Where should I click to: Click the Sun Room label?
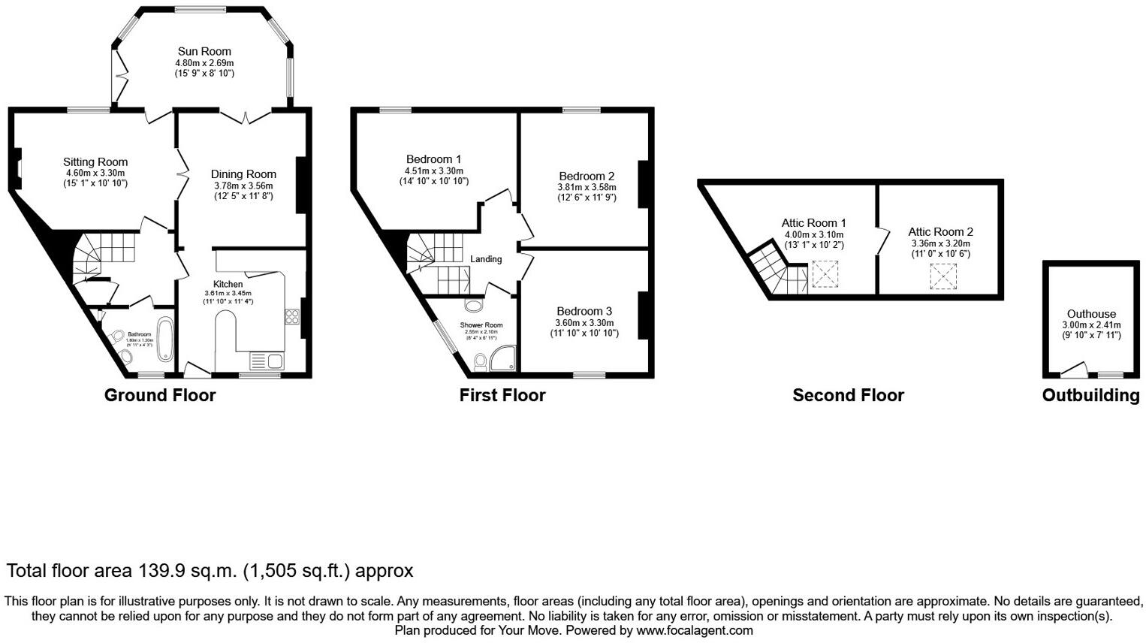[x=204, y=52]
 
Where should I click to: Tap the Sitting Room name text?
[x=95, y=162]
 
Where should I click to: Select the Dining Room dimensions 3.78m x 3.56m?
[x=243, y=186]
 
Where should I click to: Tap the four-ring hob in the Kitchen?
[x=291, y=317]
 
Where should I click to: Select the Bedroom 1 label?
[x=433, y=159]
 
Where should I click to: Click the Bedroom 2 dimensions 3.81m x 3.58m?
[x=587, y=188]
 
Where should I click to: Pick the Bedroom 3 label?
[x=584, y=311]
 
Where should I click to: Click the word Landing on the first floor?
[x=486, y=259]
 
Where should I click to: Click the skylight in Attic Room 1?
[x=825, y=274]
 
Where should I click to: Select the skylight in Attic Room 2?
[x=943, y=276]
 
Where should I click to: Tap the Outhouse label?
[x=1091, y=314]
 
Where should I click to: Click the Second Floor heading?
[x=848, y=396]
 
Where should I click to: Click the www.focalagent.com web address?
[x=695, y=631]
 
